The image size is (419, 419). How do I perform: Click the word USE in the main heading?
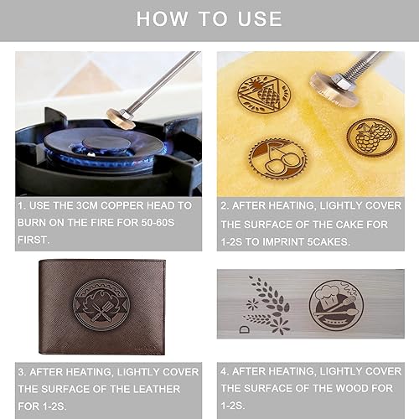point(260,18)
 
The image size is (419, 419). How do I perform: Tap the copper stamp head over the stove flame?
point(121,118)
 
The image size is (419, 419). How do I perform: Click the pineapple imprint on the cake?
point(264,94)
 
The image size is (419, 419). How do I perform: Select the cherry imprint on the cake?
point(278,159)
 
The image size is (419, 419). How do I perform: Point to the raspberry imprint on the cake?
point(371,137)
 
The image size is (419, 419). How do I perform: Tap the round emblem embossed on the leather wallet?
point(101,305)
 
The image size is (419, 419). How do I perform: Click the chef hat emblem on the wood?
point(336,305)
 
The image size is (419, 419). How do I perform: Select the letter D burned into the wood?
point(245,329)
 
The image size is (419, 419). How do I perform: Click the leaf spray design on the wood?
point(267,305)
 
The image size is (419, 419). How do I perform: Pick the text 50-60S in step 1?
point(158,223)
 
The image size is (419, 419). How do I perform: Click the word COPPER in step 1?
point(122,205)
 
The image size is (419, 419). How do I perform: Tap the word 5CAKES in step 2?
point(328,242)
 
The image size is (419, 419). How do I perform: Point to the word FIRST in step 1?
point(34,240)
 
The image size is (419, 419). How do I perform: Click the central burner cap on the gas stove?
point(106,143)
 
